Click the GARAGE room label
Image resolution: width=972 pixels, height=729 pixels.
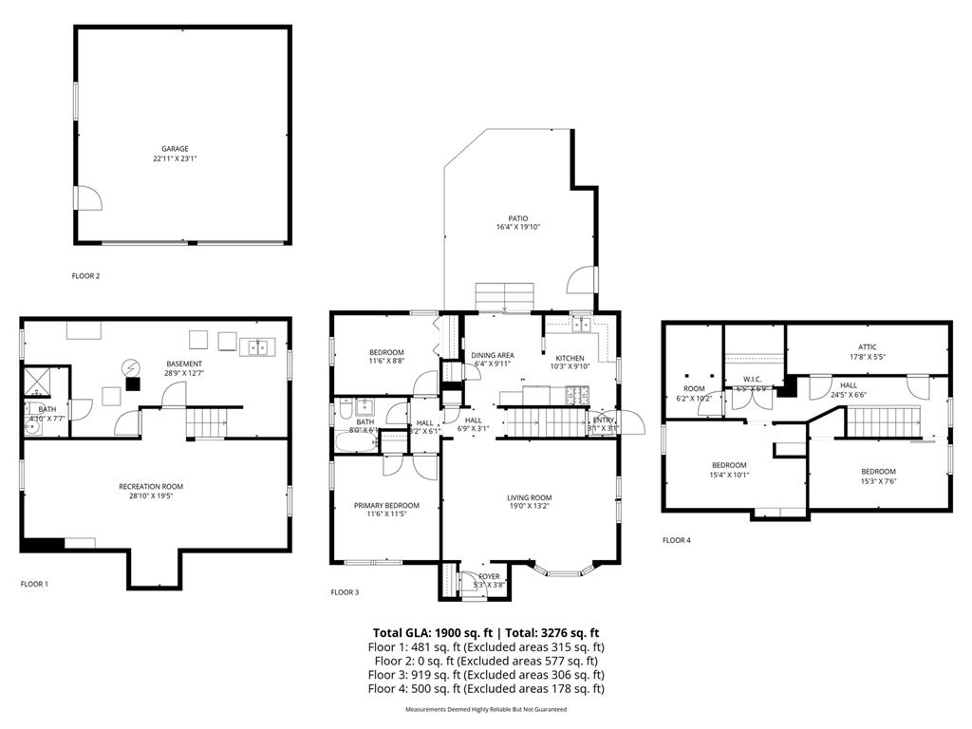[175, 149]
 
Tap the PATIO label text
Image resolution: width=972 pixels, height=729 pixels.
[517, 218]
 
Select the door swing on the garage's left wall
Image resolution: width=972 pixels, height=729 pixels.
[88, 198]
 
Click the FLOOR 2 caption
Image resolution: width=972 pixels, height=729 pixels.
[85, 276]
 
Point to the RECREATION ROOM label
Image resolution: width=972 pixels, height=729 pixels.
[151, 487]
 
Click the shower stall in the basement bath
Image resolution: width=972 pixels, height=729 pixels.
[40, 381]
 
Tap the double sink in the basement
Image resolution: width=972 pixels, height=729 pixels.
[256, 347]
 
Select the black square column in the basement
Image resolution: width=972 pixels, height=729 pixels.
[133, 384]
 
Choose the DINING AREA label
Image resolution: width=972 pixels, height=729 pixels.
[492, 355]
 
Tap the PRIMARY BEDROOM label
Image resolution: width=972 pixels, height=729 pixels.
[386, 505]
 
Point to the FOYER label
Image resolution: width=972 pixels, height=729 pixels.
[489, 576]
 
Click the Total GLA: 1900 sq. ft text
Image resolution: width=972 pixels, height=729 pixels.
[431, 632]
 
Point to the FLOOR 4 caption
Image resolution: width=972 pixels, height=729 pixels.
[677, 540]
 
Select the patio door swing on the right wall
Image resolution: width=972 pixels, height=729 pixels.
[580, 281]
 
